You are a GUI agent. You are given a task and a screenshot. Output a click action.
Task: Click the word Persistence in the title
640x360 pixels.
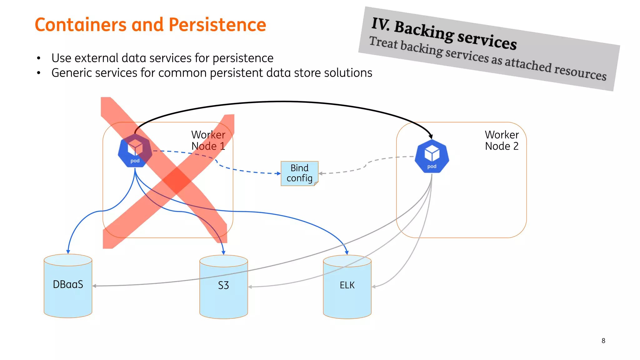[217, 25]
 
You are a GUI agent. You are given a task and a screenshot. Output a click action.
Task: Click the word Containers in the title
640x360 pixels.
[81, 25]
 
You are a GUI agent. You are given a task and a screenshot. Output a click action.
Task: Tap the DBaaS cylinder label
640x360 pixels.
[68, 284]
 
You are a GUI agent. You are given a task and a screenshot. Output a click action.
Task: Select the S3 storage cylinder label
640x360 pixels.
[223, 285]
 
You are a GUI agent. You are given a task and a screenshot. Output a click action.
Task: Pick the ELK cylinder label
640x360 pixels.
[347, 285]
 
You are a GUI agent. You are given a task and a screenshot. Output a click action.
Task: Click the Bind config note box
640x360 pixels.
[299, 173]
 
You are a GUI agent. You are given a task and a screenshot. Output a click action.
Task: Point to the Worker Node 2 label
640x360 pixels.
[502, 140]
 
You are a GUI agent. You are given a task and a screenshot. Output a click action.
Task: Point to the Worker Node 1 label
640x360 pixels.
[208, 140]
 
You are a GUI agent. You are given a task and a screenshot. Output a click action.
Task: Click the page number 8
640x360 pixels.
[603, 341]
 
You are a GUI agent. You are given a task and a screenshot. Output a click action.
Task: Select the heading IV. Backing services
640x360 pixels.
[444, 34]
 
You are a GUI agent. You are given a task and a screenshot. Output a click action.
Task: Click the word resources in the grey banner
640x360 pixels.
[580, 72]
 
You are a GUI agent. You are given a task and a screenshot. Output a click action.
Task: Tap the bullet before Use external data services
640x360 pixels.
[39, 58]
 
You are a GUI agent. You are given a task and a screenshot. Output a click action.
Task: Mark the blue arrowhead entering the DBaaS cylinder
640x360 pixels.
[68, 252]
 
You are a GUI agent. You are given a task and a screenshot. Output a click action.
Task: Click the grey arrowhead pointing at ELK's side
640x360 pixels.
[374, 287]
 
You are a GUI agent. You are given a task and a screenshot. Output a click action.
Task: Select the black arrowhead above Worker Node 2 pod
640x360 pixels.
[431, 137]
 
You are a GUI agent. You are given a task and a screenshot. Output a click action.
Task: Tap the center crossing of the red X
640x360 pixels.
[177, 181]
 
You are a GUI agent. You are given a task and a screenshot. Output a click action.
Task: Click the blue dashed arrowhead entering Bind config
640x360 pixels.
[279, 173]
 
